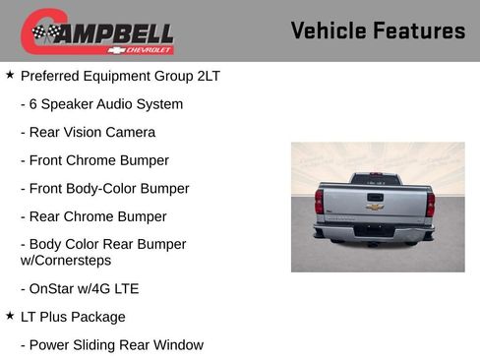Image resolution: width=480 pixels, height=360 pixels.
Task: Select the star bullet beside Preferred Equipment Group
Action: [10, 75]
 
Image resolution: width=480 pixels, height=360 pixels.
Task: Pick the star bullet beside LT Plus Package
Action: [10, 316]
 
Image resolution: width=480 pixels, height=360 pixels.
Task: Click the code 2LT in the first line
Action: [208, 76]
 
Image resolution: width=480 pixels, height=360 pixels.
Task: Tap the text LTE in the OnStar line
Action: [125, 288]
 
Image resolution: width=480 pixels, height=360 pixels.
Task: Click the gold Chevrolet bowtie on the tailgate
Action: [375, 207]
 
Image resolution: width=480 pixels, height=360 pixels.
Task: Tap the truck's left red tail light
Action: [319, 203]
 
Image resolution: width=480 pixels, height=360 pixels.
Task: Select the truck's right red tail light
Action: [430, 204]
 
